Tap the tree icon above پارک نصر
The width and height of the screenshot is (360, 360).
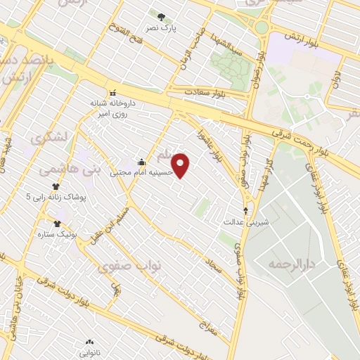[162, 18]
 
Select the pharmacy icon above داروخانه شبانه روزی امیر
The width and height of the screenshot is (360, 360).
[112, 92]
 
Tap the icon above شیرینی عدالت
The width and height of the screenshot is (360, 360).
[245, 210]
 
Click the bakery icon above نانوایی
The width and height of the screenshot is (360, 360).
[89, 342]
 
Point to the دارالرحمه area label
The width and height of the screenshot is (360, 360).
[288, 264]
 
